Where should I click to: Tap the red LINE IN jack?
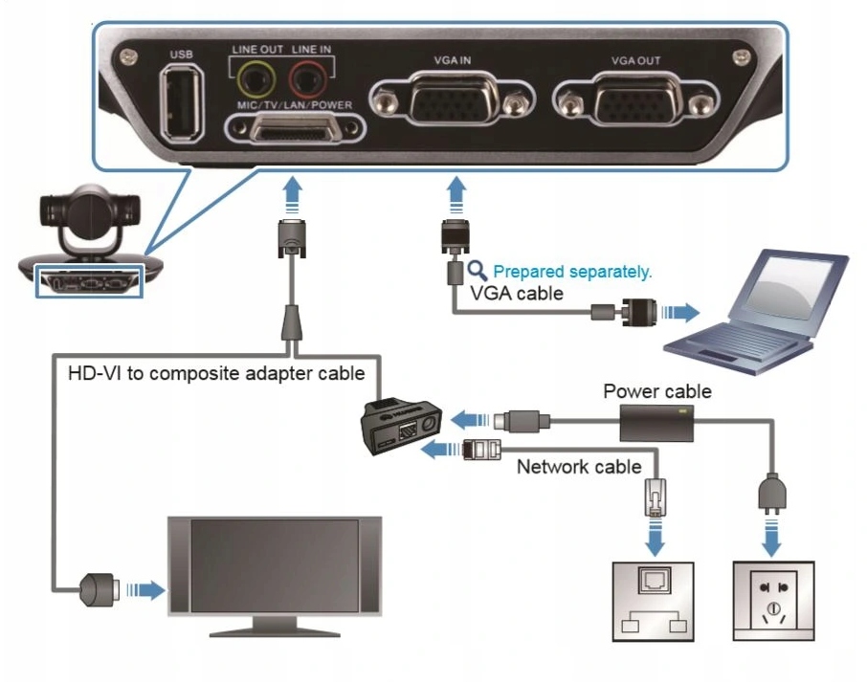coord(307,76)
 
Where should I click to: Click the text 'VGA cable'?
coord(516,293)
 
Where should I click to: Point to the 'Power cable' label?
coord(657,392)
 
